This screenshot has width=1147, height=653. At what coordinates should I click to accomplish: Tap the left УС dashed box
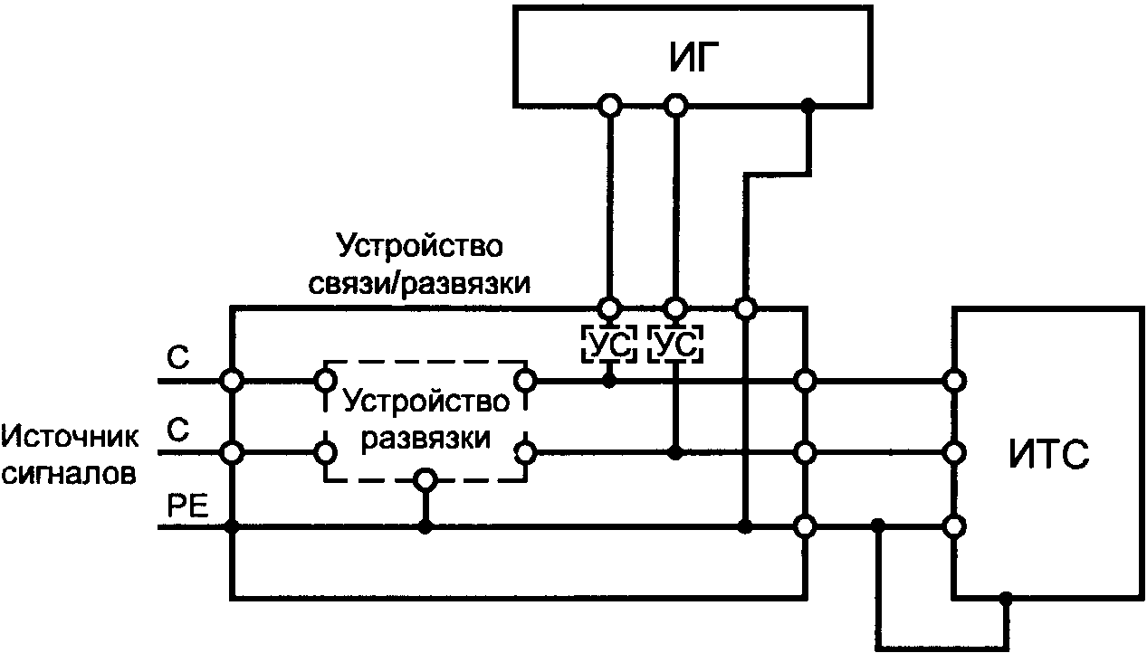(609, 344)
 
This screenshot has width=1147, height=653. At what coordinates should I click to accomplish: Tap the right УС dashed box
(675, 344)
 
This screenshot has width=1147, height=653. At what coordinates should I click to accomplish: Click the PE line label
(189, 506)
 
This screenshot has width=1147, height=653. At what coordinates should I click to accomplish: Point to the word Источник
(71, 439)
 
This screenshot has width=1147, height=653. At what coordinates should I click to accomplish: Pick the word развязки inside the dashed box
(425, 439)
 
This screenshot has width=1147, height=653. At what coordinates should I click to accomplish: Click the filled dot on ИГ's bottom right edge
(808, 106)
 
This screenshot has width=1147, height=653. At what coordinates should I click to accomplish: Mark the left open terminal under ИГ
(610, 106)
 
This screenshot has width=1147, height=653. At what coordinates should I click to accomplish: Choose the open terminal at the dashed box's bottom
(424, 479)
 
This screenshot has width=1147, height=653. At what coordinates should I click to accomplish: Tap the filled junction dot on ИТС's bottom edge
(1006, 598)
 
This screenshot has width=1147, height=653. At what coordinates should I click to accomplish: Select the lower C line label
(178, 431)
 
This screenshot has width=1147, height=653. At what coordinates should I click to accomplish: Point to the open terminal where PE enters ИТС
(951, 525)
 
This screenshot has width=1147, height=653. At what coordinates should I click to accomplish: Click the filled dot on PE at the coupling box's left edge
(233, 526)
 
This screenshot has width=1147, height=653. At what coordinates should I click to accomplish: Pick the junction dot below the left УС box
(609, 381)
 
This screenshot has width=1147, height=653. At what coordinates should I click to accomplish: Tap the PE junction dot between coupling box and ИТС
(876, 525)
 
